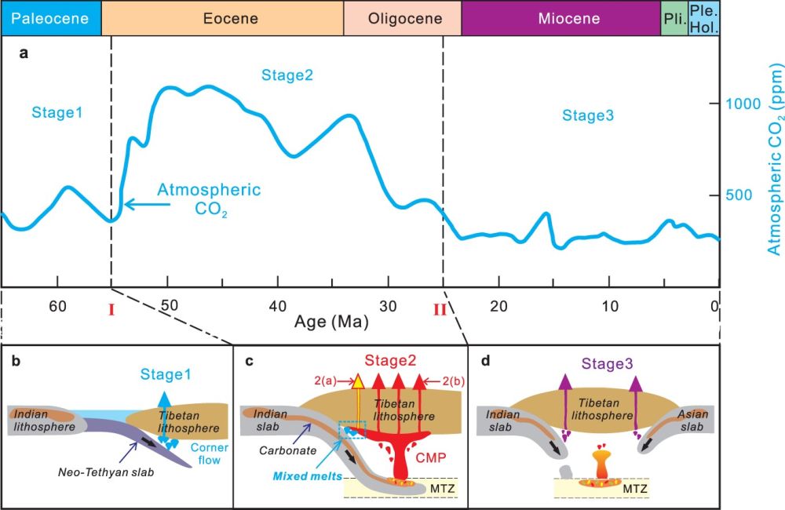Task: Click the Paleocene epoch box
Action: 50,18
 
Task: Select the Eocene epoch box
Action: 223,18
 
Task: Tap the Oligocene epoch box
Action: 402,18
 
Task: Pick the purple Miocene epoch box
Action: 560,18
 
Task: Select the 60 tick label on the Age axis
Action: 57,306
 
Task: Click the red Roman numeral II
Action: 440,310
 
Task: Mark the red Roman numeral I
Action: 111,310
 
